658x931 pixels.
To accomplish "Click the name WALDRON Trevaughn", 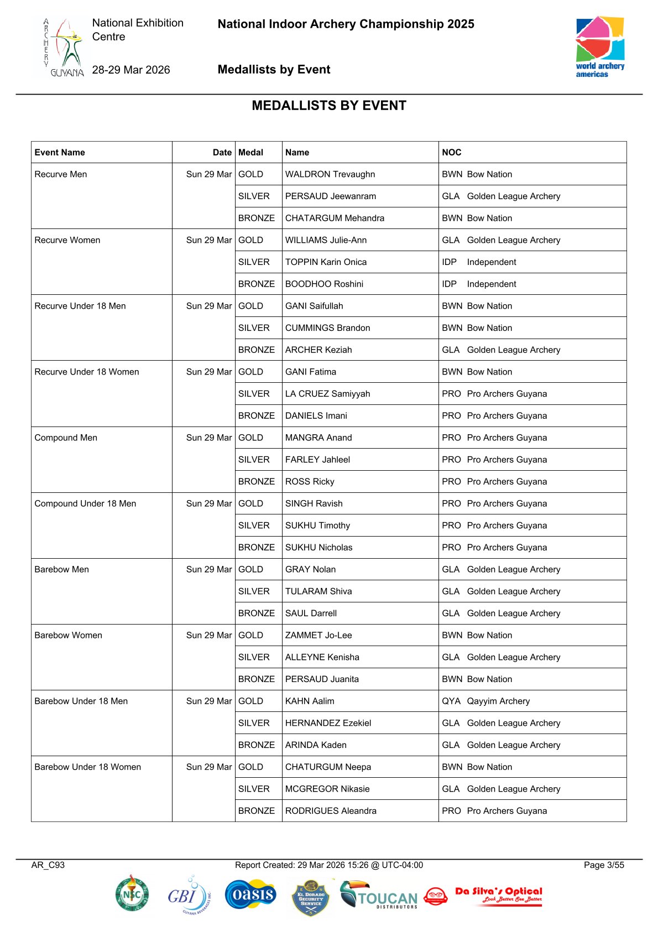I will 330,174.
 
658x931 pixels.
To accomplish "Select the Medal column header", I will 251,152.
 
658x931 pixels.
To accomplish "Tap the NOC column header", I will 452,152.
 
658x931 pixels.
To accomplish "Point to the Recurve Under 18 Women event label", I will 87,372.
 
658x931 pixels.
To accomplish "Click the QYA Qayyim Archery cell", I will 486,701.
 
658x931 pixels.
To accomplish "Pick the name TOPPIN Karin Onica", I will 326,262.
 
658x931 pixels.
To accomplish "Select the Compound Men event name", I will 66,438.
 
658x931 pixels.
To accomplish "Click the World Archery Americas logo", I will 600,47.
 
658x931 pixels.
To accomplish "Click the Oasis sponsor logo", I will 250,894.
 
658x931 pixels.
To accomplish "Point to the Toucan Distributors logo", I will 379,895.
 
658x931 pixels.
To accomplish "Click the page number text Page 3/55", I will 604,865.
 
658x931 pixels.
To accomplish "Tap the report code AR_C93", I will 48,865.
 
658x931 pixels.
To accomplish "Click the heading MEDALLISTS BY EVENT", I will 329,106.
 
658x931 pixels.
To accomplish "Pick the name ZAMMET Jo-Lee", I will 318,635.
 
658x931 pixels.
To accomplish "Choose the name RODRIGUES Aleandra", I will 331,811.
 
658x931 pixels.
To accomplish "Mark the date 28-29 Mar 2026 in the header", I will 131,70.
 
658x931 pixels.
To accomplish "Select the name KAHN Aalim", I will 310,701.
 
